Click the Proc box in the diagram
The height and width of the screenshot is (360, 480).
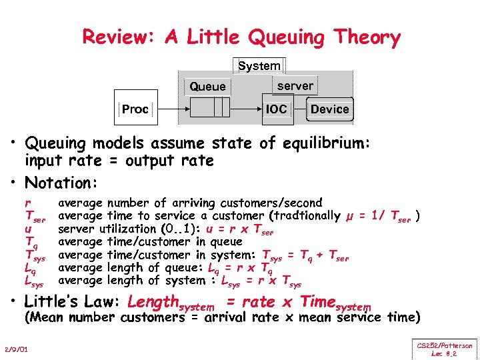[135, 109]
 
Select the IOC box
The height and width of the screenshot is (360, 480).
[276, 109]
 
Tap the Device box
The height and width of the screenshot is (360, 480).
[330, 109]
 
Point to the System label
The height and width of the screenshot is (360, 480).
[259, 65]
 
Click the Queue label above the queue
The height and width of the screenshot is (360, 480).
[207, 87]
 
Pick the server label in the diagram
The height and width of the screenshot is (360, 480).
[295, 85]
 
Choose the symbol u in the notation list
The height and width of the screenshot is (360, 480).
[27, 229]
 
